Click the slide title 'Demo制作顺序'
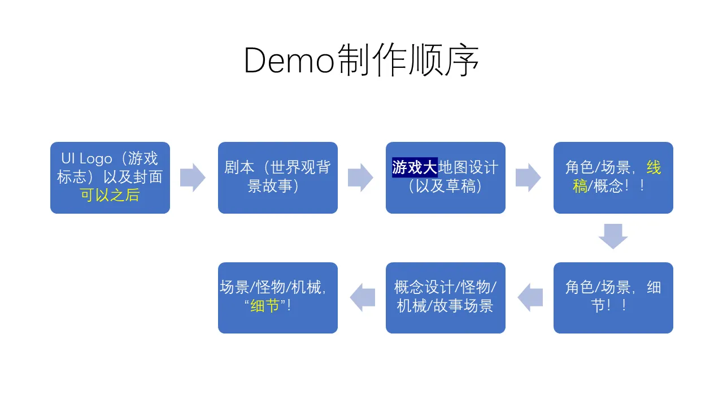tap(361, 60)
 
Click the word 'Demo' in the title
tap(289, 60)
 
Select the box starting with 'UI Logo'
tap(110, 177)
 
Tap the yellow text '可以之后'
tap(110, 195)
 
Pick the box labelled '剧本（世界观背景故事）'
tap(278, 177)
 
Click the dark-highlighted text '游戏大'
tap(415, 167)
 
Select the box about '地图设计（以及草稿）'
tap(446, 177)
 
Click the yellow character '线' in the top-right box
tap(654, 167)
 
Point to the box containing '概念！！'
tap(613, 177)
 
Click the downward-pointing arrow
tap(613, 236)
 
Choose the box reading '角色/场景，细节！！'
tap(613, 298)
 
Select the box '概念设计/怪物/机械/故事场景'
tap(446, 298)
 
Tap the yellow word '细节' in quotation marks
tap(265, 306)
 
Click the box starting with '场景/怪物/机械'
tap(278, 298)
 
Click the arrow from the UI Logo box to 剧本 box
tap(193, 177)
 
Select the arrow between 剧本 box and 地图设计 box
tap(360, 177)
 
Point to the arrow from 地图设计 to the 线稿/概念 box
tap(528, 177)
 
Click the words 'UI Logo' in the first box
tap(87, 159)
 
